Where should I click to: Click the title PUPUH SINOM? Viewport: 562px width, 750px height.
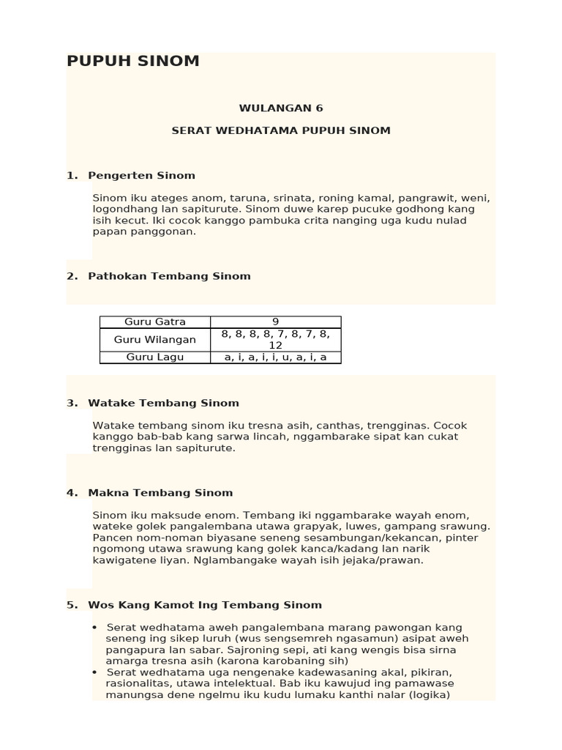pyautogui.click(x=132, y=62)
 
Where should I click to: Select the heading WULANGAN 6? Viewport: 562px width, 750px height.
pyautogui.click(x=281, y=108)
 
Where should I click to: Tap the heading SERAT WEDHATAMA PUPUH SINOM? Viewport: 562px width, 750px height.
pyautogui.click(x=281, y=130)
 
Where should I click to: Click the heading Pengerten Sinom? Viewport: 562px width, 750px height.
pyautogui.click(x=141, y=176)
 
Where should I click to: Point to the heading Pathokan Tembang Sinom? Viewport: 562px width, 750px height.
pyautogui.click(x=169, y=276)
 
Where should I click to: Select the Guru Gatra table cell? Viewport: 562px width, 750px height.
pyautogui.click(x=155, y=322)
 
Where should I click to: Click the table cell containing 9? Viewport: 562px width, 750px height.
pyautogui.click(x=276, y=322)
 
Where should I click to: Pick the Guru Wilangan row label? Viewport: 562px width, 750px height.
pyautogui.click(x=155, y=340)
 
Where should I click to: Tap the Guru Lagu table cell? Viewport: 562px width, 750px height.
pyautogui.click(x=155, y=357)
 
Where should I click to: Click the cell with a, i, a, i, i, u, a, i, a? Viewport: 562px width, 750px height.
pyautogui.click(x=276, y=357)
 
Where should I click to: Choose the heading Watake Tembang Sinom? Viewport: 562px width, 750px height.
pyautogui.click(x=163, y=403)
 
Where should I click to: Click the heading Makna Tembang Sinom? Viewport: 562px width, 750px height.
pyautogui.click(x=160, y=493)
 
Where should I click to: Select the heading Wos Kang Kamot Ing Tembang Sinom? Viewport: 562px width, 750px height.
pyautogui.click(x=205, y=605)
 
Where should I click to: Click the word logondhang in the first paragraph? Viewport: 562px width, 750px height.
pyautogui.click(x=122, y=209)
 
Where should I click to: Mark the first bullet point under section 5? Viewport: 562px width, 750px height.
pyautogui.click(x=95, y=628)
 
